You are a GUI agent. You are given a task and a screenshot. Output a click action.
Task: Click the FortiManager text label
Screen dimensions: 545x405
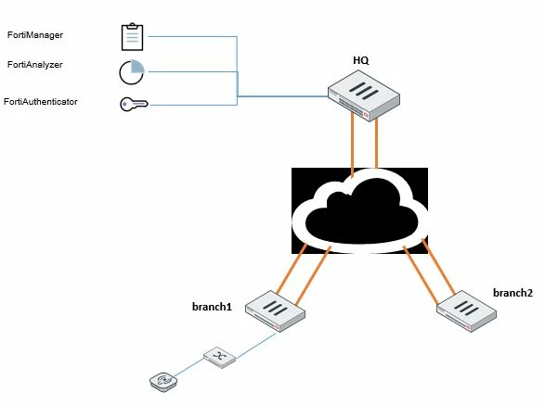point(35,35)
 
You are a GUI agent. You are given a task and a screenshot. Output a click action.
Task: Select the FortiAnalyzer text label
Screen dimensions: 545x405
point(35,65)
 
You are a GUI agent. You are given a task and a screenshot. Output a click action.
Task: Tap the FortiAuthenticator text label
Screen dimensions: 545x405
point(41,102)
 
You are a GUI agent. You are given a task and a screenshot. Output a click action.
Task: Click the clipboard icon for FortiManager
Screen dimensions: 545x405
point(132,37)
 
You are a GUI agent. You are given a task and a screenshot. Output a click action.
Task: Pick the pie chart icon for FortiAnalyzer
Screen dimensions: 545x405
point(132,72)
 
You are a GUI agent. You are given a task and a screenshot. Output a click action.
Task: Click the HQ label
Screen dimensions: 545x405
point(361,60)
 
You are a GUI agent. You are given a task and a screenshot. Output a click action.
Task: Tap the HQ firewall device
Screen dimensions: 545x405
point(364,95)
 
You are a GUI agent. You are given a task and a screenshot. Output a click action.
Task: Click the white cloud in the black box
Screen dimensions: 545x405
point(359,211)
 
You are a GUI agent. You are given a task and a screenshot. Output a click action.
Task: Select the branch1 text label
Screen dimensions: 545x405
point(212,307)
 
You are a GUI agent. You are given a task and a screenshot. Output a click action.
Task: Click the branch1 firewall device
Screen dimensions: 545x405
point(275,311)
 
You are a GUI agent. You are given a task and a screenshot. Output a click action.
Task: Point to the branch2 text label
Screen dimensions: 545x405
point(513,293)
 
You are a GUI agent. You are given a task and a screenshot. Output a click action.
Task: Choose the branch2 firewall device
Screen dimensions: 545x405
point(466,311)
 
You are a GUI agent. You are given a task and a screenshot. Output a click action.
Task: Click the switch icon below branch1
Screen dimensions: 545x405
point(219,357)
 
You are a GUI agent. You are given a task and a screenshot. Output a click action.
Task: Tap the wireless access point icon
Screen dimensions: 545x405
point(163,382)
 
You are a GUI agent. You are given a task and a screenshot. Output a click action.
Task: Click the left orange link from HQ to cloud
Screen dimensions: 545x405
point(353,145)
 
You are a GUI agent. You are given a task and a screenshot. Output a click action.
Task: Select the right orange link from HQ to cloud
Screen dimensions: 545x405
point(376,144)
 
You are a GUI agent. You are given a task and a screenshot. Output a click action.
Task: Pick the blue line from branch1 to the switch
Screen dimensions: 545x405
point(256,346)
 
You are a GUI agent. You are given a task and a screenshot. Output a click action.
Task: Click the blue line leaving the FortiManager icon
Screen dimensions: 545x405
point(193,36)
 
